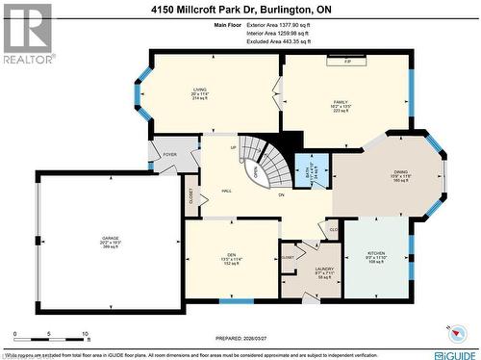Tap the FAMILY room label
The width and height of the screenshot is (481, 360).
pos(342,100)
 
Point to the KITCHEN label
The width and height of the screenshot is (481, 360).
pos(375,251)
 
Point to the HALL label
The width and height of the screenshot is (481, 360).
pos(226,192)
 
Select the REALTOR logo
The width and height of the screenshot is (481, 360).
pos(28,33)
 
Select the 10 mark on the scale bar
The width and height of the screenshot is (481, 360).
pos(86,335)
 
